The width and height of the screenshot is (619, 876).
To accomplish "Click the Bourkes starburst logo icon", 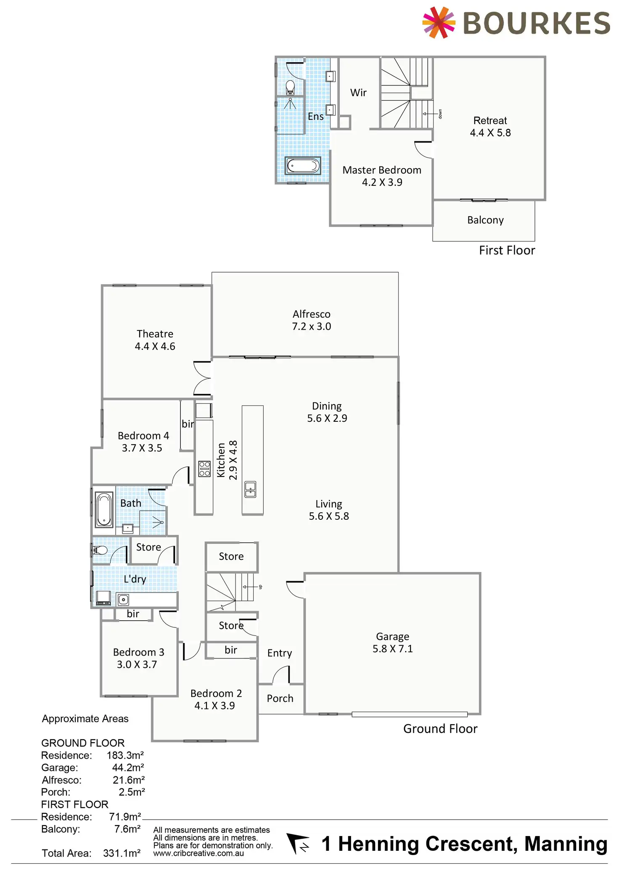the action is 439,22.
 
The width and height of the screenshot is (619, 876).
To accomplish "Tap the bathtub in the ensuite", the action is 303,166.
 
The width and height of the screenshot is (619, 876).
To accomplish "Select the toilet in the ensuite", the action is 290,87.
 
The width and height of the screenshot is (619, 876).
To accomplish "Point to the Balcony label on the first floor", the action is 485,220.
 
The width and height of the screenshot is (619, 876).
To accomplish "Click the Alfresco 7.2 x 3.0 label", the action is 311,320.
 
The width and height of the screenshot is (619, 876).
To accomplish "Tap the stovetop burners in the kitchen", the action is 204,468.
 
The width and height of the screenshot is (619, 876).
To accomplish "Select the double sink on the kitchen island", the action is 250,489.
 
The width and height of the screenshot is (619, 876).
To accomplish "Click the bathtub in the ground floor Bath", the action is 104,510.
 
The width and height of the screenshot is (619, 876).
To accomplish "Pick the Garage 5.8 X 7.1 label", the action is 392,643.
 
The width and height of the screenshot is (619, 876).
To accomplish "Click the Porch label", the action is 280,699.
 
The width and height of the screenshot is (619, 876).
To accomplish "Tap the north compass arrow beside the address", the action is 297,844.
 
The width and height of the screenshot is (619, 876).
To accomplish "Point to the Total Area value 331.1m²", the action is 122,853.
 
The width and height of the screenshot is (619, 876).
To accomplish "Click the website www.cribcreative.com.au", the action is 198,853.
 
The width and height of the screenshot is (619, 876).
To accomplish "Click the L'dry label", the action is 135,579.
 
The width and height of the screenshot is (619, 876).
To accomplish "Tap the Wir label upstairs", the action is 358,93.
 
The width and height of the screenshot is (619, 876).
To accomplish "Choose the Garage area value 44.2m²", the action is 128,767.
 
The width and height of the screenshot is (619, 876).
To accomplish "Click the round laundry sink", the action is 123,600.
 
